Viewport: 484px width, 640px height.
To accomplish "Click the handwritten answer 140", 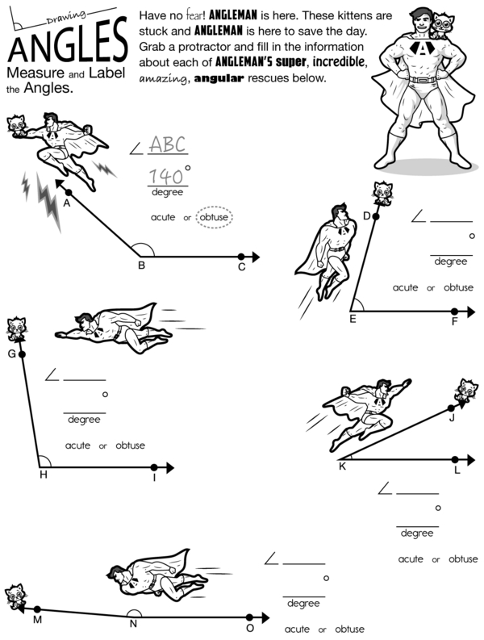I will [x=165, y=176].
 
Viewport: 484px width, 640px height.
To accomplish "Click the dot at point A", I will [x=69, y=192].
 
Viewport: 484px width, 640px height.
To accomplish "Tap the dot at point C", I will [x=241, y=257].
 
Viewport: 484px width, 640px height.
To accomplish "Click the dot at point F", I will [x=455, y=312].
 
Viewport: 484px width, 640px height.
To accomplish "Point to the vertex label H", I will [x=44, y=475].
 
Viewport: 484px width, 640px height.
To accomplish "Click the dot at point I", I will [x=154, y=467].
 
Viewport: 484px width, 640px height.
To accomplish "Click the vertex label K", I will [x=342, y=466].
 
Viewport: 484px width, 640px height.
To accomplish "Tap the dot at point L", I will [x=457, y=458].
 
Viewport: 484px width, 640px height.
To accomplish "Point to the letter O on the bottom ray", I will [x=250, y=628].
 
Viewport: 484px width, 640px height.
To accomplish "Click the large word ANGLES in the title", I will [x=66, y=45].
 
